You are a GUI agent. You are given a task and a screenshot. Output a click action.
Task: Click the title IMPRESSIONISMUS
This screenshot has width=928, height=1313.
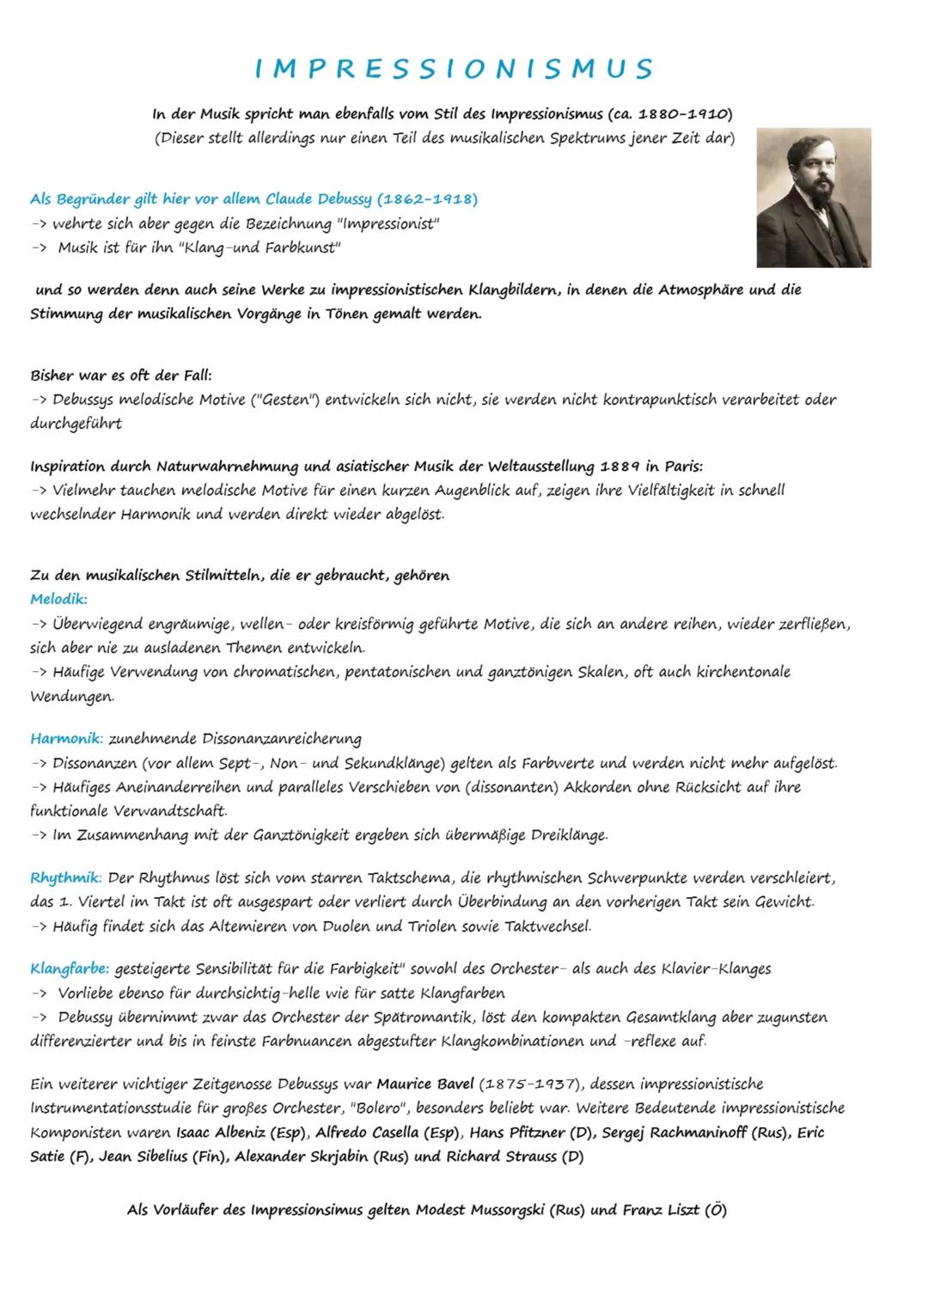tap(454, 68)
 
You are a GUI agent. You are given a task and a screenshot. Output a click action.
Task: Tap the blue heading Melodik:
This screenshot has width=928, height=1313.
tap(58, 598)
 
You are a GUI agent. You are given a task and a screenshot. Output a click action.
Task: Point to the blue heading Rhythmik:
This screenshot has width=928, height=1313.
tap(66, 878)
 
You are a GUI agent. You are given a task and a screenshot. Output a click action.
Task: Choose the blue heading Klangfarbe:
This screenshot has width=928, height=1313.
tap(70, 968)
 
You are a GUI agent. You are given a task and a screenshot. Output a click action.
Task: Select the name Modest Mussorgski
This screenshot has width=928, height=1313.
tap(481, 1210)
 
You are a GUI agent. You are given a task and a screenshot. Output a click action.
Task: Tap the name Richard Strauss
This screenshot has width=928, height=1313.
tap(501, 1157)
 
